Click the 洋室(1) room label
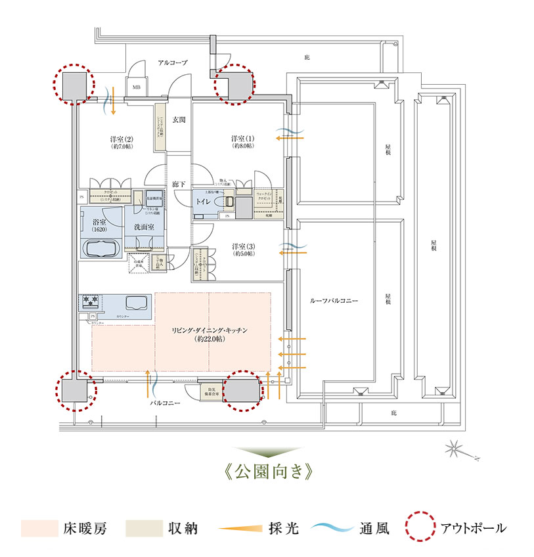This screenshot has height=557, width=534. (242, 139)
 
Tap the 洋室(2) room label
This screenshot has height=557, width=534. (122, 139)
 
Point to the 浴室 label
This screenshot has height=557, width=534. (100, 223)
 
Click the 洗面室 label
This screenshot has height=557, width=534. (143, 227)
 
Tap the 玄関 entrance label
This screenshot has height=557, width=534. (179, 120)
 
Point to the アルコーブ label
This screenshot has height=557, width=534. (173, 62)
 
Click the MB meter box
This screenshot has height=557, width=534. (137, 87)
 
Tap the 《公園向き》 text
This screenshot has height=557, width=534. (266, 472)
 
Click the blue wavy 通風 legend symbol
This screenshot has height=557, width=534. (332, 527)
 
